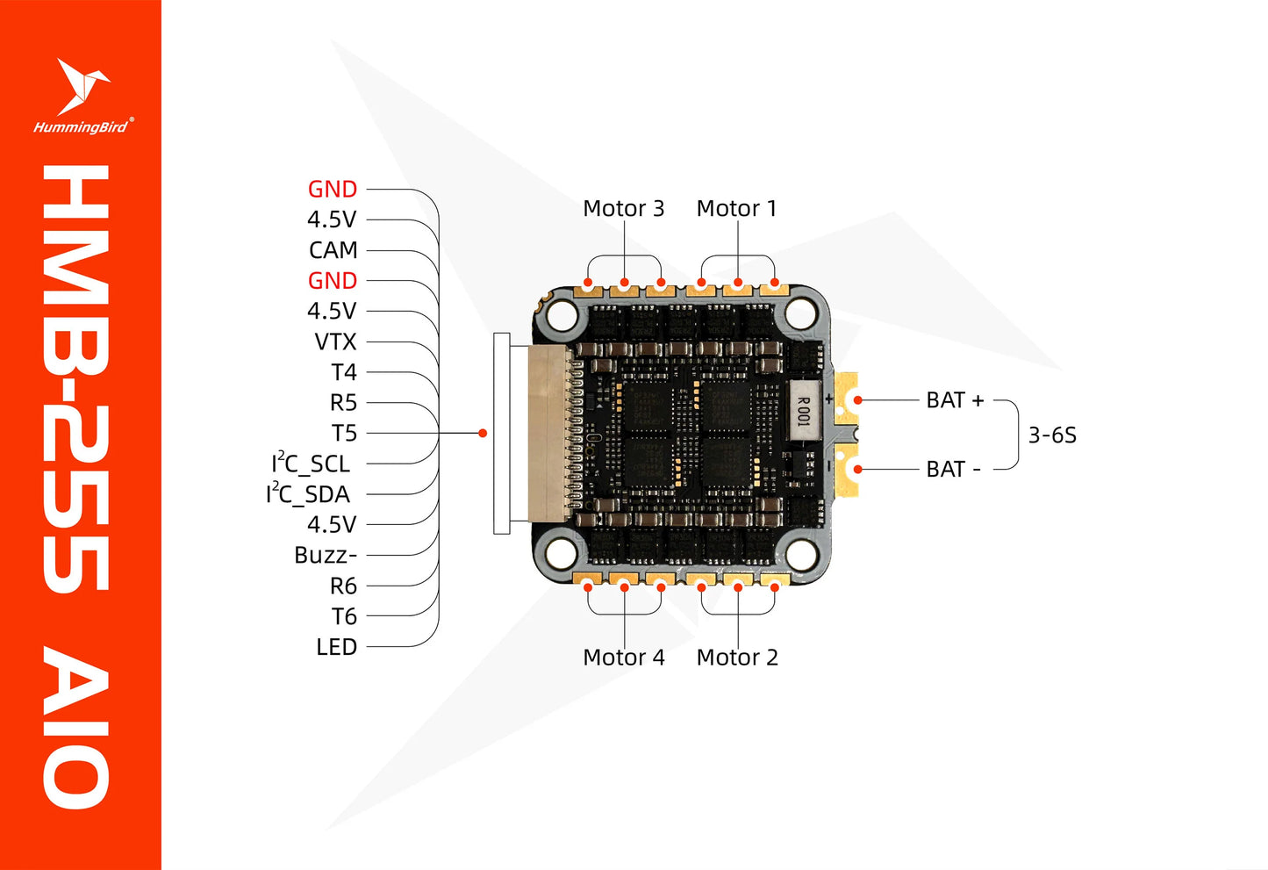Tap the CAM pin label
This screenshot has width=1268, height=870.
[333, 250]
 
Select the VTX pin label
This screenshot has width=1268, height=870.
[335, 342]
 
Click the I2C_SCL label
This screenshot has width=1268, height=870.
[311, 463]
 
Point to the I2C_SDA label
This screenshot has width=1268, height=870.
[308, 493]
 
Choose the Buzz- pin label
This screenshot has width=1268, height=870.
[325, 555]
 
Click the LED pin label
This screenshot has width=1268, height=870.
[336, 647]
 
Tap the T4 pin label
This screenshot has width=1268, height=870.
[344, 372]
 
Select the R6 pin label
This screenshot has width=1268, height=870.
[343, 586]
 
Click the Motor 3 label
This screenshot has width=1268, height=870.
[623, 209]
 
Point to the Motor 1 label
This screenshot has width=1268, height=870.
[736, 209]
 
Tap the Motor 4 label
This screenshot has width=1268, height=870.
[623, 658]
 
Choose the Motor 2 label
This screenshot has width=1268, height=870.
[736, 658]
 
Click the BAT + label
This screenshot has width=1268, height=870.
[955, 400]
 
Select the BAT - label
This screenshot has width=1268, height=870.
[953, 469]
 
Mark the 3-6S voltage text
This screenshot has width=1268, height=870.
[1051, 435]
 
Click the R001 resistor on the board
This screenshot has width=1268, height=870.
[803, 410]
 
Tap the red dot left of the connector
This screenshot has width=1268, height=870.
[483, 433]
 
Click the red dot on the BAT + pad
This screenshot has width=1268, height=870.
[858, 400]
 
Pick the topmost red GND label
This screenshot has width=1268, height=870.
[332, 189]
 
